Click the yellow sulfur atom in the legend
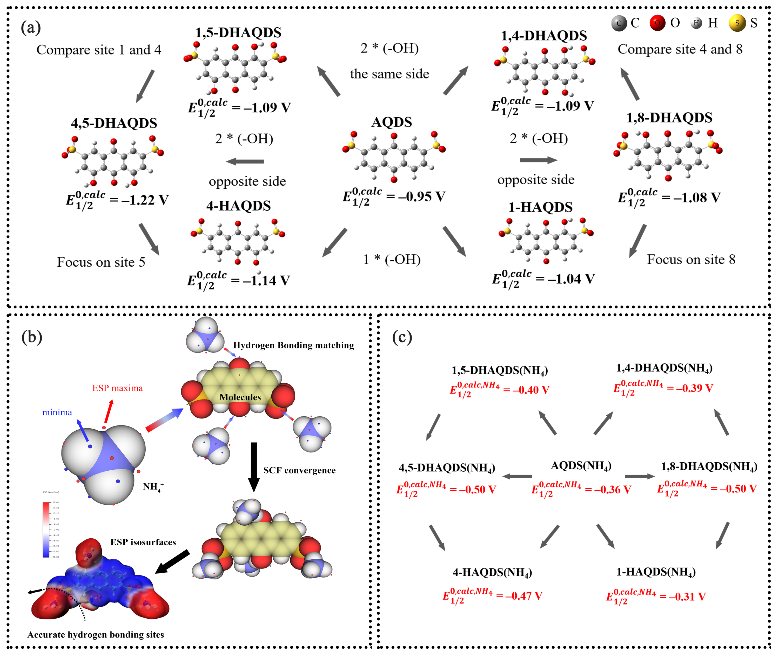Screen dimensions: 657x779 coord(737,23)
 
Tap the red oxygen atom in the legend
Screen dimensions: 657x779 coord(657,23)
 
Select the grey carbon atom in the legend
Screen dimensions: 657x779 coord(619,23)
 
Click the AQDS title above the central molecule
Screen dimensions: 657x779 coord(392,122)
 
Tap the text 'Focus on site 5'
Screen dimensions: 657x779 coord(101,262)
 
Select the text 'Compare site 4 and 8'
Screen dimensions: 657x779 coord(680,49)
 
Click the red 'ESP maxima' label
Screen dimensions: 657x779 coord(117,388)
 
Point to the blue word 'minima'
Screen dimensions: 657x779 coord(57,412)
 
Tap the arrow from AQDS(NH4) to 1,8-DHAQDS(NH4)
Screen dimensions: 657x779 coord(639,476)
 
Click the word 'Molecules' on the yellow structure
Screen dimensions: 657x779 coord(240,397)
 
